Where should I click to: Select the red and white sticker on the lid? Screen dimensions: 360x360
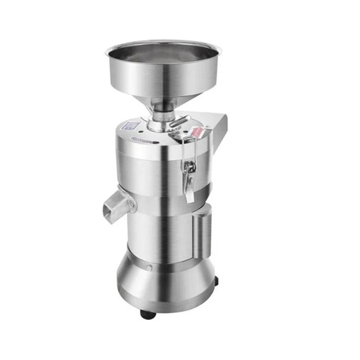pos(197,132)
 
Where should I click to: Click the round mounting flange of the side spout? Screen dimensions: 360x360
pos(132,204)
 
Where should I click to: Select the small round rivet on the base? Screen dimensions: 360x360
pos(149,268)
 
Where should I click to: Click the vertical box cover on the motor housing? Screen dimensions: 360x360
pos(203,232)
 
